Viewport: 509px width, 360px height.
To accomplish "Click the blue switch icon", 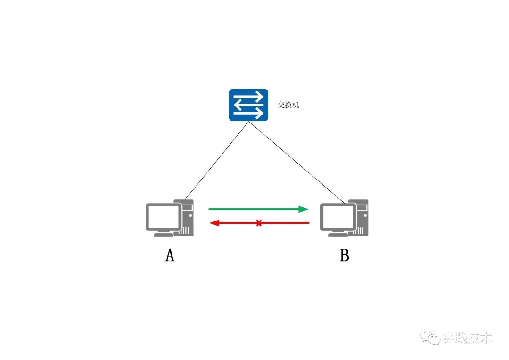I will (x=248, y=105).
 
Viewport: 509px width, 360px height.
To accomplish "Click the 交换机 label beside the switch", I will (x=288, y=105).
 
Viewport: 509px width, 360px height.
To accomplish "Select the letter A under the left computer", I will (x=170, y=255).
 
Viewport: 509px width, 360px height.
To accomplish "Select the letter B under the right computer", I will (x=345, y=255).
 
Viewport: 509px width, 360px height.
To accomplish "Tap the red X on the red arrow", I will (x=259, y=223).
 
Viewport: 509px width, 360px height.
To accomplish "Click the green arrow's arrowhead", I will (x=304, y=209).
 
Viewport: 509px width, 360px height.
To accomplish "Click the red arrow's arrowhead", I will (x=214, y=223).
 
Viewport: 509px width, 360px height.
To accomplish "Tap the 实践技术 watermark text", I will (x=467, y=338).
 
